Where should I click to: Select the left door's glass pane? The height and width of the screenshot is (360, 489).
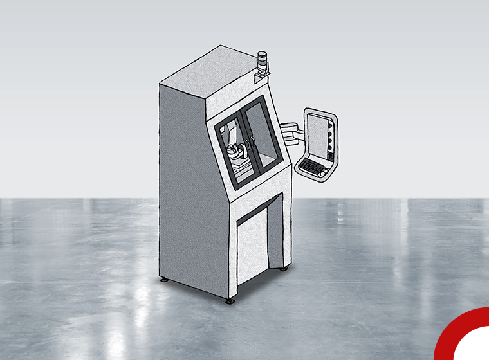pyautogui.click(x=231, y=147)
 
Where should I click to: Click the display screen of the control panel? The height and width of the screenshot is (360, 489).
pyautogui.click(x=317, y=134)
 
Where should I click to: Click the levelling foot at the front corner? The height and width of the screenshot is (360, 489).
pyautogui.click(x=229, y=300)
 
